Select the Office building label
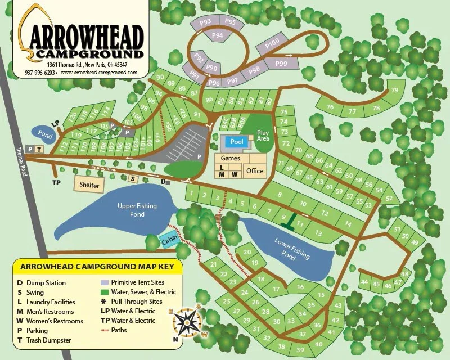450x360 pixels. click(x=254, y=171)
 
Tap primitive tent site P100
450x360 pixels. click(x=272, y=43)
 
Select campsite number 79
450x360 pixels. click(x=394, y=90)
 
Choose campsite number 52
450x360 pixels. click(x=388, y=198)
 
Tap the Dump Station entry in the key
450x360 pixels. click(x=41, y=283)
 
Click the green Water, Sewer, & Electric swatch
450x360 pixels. click(x=105, y=292)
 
